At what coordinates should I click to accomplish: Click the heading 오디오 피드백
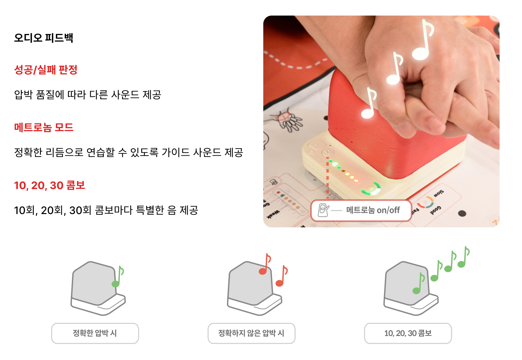coord(43,38)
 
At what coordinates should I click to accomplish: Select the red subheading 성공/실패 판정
coord(46,70)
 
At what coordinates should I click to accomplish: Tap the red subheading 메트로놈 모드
coord(44,127)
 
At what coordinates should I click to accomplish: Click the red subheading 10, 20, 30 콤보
coord(49,186)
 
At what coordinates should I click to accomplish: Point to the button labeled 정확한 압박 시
coord(95,333)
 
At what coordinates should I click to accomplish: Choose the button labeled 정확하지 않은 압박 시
coord(252,333)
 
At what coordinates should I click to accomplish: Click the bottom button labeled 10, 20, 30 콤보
coord(408,333)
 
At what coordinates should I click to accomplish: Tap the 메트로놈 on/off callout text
coord(373,210)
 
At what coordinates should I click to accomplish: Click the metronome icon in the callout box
coord(323,210)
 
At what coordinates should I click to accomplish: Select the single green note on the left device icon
coord(118,276)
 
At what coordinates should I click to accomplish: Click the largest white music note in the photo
coord(423,40)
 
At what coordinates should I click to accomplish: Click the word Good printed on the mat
coord(435,210)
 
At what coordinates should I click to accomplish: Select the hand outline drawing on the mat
coord(287,120)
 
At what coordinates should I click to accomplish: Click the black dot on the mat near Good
coord(462,213)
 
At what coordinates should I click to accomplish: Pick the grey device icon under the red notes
coord(255,288)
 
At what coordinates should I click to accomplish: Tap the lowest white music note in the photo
coord(369,103)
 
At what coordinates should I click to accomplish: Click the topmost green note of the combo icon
coord(464,257)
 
